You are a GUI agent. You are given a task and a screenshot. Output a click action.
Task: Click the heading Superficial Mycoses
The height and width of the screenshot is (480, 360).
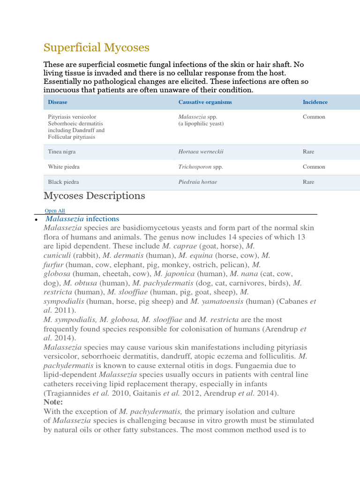(x=96, y=47)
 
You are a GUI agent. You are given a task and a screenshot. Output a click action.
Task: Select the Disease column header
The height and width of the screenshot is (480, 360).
(x=58, y=102)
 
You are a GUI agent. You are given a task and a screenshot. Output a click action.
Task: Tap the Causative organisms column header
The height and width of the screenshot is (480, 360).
(x=205, y=102)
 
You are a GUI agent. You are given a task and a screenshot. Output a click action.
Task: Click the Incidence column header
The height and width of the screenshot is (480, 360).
(x=315, y=102)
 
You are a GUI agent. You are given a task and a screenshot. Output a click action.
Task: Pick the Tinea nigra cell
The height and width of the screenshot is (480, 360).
(x=61, y=152)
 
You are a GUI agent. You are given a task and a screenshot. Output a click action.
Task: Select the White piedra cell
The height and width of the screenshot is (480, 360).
(x=63, y=167)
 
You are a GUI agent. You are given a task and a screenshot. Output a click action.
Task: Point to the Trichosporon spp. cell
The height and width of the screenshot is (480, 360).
(x=201, y=167)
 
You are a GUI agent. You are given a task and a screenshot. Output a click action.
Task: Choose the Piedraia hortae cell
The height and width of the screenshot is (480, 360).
(x=197, y=182)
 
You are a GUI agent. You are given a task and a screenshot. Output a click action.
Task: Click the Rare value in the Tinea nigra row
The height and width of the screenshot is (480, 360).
(x=308, y=152)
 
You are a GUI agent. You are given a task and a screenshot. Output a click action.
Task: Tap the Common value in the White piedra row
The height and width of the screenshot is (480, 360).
(x=314, y=167)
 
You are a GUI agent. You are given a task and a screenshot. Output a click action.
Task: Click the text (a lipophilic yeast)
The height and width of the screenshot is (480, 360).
(x=201, y=124)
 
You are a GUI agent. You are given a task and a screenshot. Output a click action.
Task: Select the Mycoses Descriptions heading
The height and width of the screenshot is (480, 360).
(x=94, y=195)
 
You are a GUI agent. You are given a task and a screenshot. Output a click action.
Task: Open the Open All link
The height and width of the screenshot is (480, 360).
(x=55, y=211)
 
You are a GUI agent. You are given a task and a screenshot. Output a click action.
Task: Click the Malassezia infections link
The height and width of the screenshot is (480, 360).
(x=82, y=219)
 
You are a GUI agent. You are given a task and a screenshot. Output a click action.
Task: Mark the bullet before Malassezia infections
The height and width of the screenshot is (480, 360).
(x=36, y=219)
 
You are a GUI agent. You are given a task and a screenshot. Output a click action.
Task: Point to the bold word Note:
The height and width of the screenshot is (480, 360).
(x=53, y=402)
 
